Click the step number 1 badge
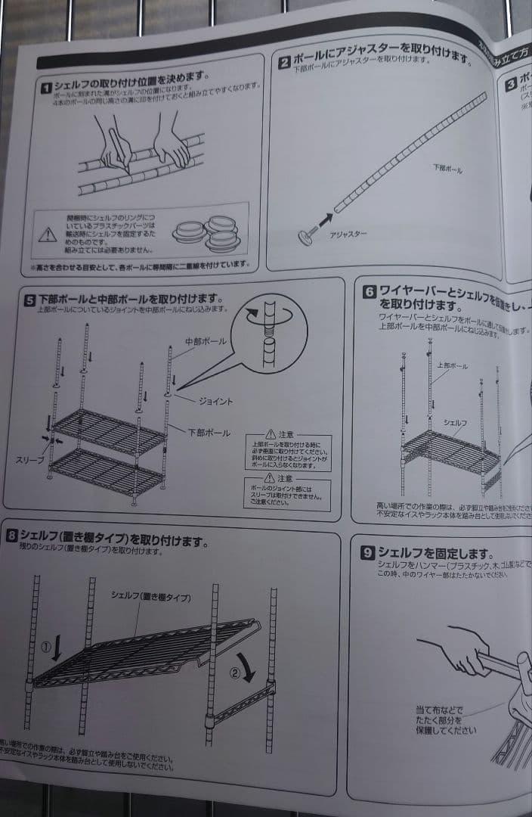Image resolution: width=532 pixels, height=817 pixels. pos(47,90)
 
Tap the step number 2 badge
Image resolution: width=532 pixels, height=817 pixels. pos(284,63)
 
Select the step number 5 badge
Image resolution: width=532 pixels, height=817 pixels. pos(29,300)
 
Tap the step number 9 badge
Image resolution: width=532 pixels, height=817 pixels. pos(368,554)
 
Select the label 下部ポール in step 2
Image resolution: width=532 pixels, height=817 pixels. pos(447,169)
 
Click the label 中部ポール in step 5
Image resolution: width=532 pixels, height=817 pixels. pos(204,342)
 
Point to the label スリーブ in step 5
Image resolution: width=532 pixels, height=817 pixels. pos(29,460)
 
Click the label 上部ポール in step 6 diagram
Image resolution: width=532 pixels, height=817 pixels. pos(452,365)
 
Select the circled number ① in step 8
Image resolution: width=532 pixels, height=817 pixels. pos(47,648)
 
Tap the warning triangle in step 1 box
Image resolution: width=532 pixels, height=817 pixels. pos(48,234)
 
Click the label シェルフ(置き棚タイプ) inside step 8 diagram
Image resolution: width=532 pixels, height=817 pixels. pos(150,596)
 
